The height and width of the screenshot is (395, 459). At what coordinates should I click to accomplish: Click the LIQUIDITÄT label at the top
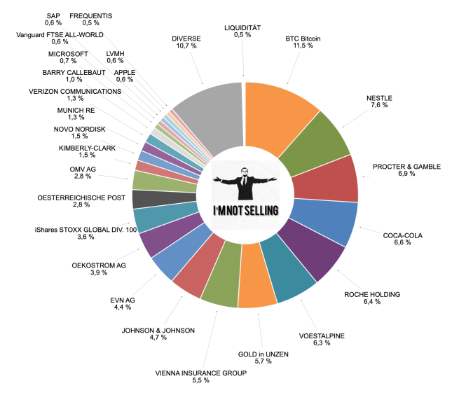[x=242, y=27]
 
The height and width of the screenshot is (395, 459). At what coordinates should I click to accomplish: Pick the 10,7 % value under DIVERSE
[x=186, y=47]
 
